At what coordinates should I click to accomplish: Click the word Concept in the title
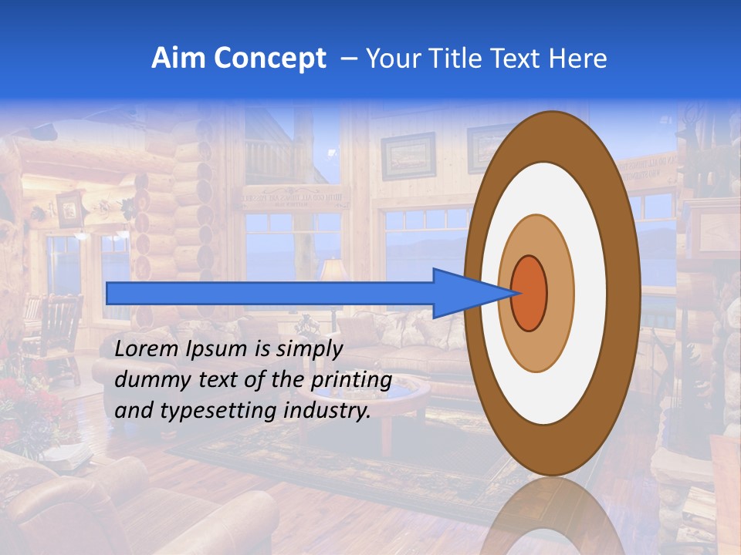click(x=270, y=59)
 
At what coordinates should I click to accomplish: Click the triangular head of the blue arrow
click(x=463, y=294)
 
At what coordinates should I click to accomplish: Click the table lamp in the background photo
click(x=333, y=271)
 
